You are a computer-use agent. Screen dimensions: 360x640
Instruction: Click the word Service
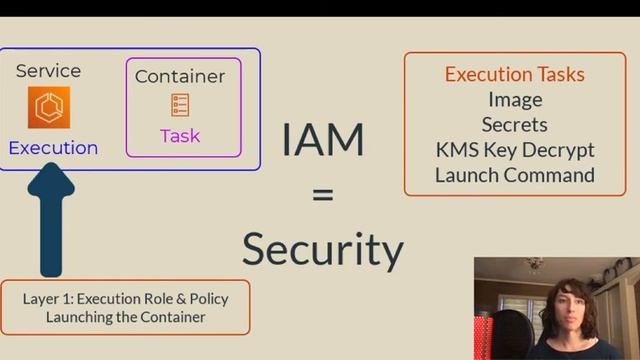point(49,71)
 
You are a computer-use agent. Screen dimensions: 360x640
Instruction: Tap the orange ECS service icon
point(49,108)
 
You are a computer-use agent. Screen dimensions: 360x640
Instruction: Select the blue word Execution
point(53,148)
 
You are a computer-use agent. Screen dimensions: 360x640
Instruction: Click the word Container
point(180,76)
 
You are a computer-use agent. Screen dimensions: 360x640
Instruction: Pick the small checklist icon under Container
point(180,105)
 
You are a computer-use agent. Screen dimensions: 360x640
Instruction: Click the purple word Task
point(180,136)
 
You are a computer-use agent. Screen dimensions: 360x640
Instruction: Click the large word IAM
point(322,140)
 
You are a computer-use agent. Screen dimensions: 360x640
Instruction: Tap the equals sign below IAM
point(322,195)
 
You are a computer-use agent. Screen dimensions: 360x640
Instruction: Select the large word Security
point(322,248)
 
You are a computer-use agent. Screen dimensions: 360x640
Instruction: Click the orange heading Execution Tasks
point(515,74)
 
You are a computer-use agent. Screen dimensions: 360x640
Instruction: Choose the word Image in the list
point(515,99)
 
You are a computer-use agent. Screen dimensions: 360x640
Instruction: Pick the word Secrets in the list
point(515,124)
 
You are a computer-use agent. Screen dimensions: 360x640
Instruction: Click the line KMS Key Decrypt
point(515,150)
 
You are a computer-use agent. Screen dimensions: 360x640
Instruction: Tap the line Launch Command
point(515,175)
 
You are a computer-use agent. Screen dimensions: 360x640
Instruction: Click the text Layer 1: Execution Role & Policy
point(125,298)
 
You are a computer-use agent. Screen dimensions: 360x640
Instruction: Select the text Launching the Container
point(125,317)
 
